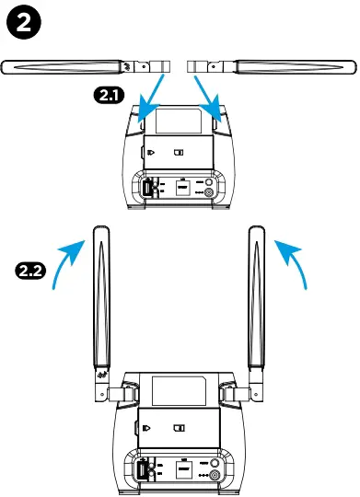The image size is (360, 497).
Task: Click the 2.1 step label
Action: [x=110, y=95]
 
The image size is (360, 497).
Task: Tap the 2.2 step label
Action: [x=32, y=271]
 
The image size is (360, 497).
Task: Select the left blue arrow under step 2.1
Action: [x=149, y=98]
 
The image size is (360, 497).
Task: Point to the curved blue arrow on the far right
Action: [x=294, y=260]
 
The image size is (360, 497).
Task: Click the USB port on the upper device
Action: [x=148, y=188]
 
